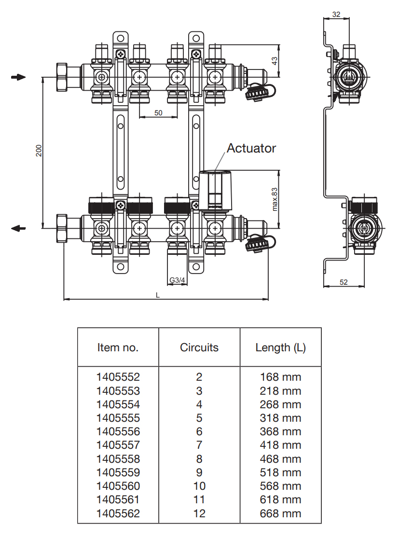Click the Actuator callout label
pyautogui.click(x=251, y=148)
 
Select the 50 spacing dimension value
pyautogui.click(x=158, y=113)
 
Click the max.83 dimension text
pyautogui.click(x=275, y=199)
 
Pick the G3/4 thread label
pyautogui.click(x=177, y=280)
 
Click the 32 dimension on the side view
pyautogui.click(x=336, y=14)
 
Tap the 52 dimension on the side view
pyautogui.click(x=344, y=282)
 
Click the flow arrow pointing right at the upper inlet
pyautogui.click(x=18, y=77)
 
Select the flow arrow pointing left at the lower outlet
pyautogui.click(x=18, y=228)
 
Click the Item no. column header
pyautogui.click(x=118, y=347)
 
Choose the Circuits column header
pyautogui.click(x=199, y=347)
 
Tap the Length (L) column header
pyautogui.click(x=280, y=347)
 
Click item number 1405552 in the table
pyautogui.click(x=118, y=377)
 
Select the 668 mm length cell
pyautogui.click(x=280, y=513)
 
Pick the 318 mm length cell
pyautogui.click(x=280, y=418)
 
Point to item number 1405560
pyautogui.click(x=118, y=486)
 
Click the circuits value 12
pyautogui.click(x=199, y=513)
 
